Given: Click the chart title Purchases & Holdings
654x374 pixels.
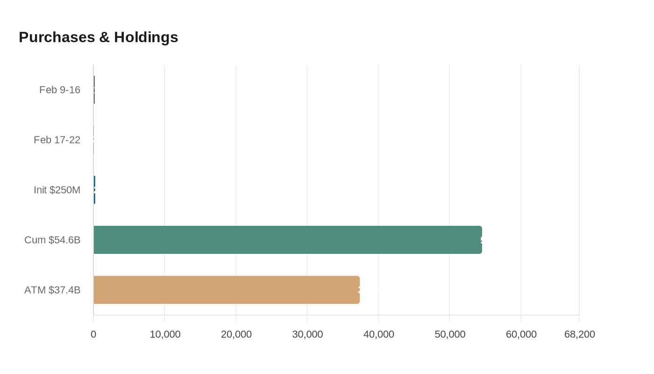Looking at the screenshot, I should pos(98,37).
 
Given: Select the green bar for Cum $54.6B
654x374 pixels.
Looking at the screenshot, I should pos(288,240).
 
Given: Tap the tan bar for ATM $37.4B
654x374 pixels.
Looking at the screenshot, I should pos(227,290).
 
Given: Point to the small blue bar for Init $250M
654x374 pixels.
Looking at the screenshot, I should pos(94,190).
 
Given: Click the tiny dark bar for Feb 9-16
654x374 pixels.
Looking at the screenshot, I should pos(94,90).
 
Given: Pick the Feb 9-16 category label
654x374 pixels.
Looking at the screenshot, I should pos(60,90).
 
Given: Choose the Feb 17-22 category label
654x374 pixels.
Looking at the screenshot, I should pos(57,140).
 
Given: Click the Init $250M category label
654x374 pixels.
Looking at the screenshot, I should pos(57,190).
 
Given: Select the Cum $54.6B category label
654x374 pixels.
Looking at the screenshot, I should pos(52,240).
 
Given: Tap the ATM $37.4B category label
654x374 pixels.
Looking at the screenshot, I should pos(52,290).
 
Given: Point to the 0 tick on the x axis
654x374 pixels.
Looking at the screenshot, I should pos(93,334).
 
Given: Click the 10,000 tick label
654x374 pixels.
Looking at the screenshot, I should pos(165,334).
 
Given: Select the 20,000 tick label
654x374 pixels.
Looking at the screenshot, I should pos(236,334).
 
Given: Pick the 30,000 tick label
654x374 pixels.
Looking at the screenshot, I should pos(307,334).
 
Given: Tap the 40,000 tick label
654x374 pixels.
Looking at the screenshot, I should pos(378,334).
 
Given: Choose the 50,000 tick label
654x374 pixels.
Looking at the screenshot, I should pos(450,334).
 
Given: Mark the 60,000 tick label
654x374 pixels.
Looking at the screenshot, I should pos(521,334).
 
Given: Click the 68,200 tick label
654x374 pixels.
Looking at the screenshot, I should pos(579,334).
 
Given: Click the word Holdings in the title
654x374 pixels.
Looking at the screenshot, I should pos(146,37).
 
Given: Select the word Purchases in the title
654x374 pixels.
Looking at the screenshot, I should pos(57,37).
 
